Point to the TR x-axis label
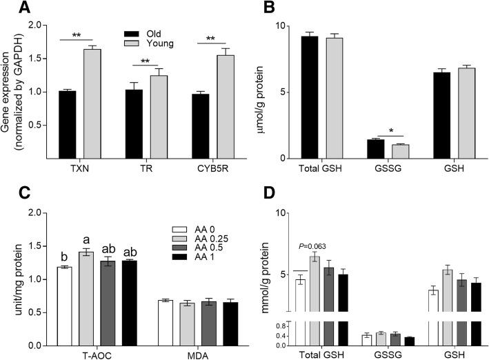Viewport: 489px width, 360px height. tap(137, 169)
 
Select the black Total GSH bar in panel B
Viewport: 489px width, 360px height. tap(309, 97)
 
